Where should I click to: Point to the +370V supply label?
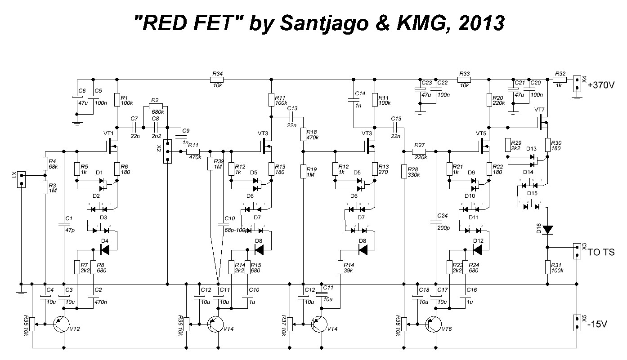[601, 84]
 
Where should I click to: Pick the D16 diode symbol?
[547, 230]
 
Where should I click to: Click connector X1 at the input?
[21, 179]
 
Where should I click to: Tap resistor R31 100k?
[547, 267]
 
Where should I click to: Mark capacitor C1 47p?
[64, 224]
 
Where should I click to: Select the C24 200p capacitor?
[435, 222]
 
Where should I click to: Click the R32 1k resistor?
[560, 80]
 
